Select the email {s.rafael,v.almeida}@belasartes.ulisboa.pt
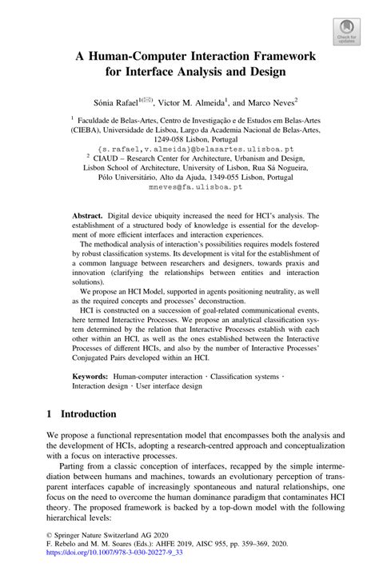tap(189, 150)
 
